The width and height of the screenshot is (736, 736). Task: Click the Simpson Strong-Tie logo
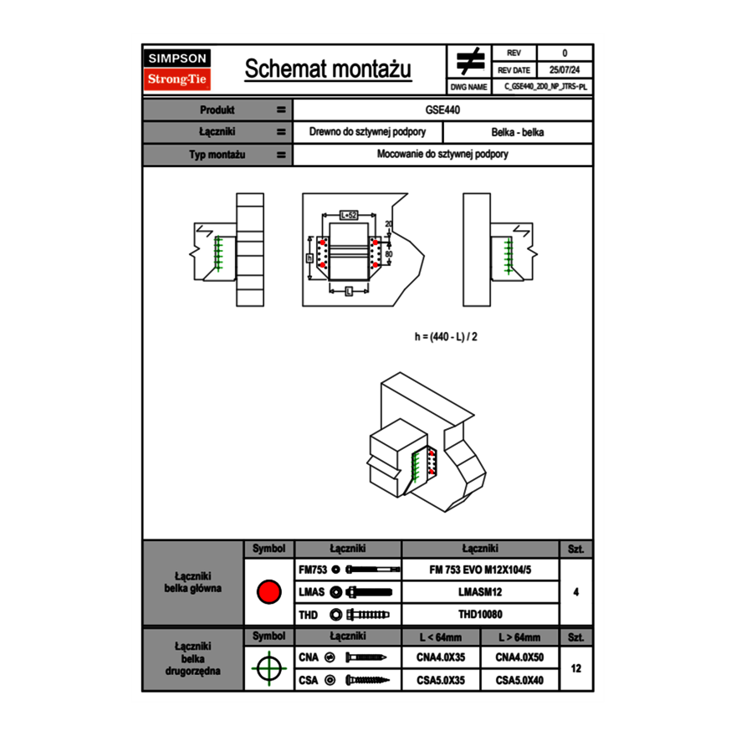pyautogui.click(x=177, y=69)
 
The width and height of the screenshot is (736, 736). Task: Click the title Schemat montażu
pyautogui.click(x=328, y=69)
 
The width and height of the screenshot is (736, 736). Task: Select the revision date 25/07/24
pyautogui.click(x=565, y=70)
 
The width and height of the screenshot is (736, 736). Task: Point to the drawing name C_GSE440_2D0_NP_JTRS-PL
pyautogui.click(x=545, y=86)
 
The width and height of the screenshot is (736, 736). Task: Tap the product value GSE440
pyautogui.click(x=442, y=110)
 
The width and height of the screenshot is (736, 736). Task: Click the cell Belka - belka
pyautogui.click(x=518, y=132)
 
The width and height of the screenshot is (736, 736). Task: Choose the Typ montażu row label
pyautogui.click(x=217, y=155)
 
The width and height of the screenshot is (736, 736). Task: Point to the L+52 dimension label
pyautogui.click(x=349, y=216)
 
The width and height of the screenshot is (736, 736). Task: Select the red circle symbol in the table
pyautogui.click(x=268, y=592)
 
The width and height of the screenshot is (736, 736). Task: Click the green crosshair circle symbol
pyautogui.click(x=268, y=668)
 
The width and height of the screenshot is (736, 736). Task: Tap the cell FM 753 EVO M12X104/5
pyautogui.click(x=480, y=570)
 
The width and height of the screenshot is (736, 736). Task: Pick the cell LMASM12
pyautogui.click(x=480, y=592)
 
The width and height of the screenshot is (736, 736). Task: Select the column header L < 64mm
pyautogui.click(x=441, y=637)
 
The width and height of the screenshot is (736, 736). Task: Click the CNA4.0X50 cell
pyautogui.click(x=519, y=657)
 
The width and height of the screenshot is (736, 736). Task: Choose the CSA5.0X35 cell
pyautogui.click(x=441, y=680)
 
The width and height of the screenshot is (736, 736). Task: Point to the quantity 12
pyautogui.click(x=575, y=668)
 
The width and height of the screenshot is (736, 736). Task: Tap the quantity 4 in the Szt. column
pyautogui.click(x=575, y=592)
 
